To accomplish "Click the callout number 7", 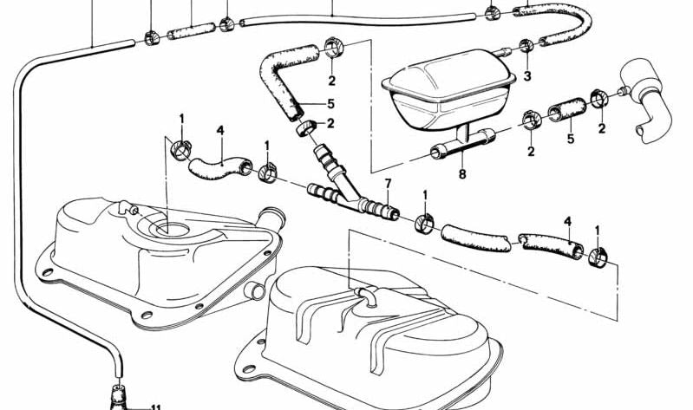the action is click(388, 183).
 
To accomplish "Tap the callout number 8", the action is click(462, 174).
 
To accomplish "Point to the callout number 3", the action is click(526, 76).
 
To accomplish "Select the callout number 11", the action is click(156, 407).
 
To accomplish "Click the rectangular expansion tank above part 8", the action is click(448, 88).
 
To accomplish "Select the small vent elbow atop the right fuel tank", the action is click(366, 295).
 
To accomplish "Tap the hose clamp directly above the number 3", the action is click(526, 46).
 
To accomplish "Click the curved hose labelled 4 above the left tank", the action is click(220, 167).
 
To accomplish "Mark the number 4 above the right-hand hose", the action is click(567, 221).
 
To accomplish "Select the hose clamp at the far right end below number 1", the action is click(598, 257).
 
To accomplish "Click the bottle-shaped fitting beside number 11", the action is click(118, 398).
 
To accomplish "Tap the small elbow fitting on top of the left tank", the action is click(128, 208).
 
